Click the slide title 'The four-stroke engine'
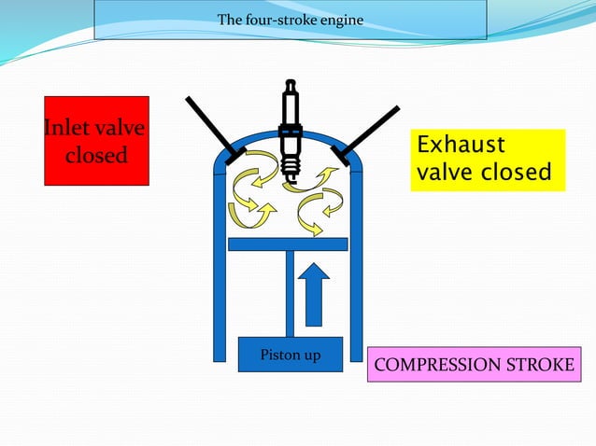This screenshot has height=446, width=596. pyautogui.click(x=290, y=20)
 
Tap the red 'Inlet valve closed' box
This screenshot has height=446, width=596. pyautogui.click(x=96, y=141)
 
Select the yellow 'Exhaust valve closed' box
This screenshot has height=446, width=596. pyautogui.click(x=488, y=160)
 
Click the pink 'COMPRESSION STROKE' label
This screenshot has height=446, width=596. pyautogui.click(x=474, y=364)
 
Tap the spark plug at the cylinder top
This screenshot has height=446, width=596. pyautogui.click(x=291, y=131)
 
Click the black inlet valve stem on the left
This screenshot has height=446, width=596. pyautogui.click(x=210, y=130)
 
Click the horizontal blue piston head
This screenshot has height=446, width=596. pyautogui.click(x=288, y=244)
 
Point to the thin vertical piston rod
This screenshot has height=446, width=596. pyautogui.click(x=291, y=293)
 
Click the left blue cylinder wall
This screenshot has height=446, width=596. pyautogui.click(x=220, y=280)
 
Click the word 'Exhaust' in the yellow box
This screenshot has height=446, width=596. pyautogui.click(x=460, y=146)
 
